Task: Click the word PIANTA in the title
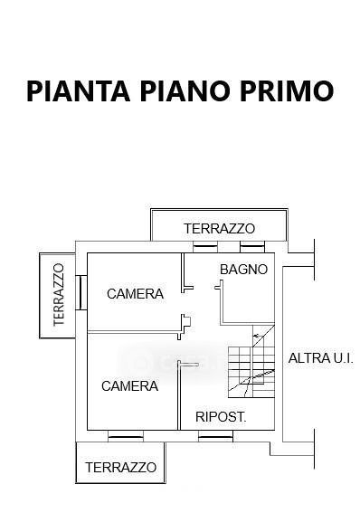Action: tap(79, 91)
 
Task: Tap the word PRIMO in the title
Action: tap(287, 91)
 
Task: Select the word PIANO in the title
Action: tap(185, 91)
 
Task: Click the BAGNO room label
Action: tap(244, 270)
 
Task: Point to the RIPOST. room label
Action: tap(221, 416)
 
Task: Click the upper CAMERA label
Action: tap(135, 293)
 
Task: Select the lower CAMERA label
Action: tap(130, 386)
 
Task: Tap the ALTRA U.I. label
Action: tap(321, 358)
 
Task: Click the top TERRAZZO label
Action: tap(219, 228)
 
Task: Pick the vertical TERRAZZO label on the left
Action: tap(59, 295)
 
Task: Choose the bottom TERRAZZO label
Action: tap(120, 467)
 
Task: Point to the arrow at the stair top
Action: tap(258, 336)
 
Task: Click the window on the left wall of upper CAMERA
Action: tap(81, 292)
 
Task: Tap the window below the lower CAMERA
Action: tap(126, 436)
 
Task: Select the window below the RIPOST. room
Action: tap(215, 436)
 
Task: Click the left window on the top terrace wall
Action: tap(205, 247)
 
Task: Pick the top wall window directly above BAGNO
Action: tap(252, 247)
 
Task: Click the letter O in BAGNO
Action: tap(262, 270)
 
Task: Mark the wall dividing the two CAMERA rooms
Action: tap(134, 332)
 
